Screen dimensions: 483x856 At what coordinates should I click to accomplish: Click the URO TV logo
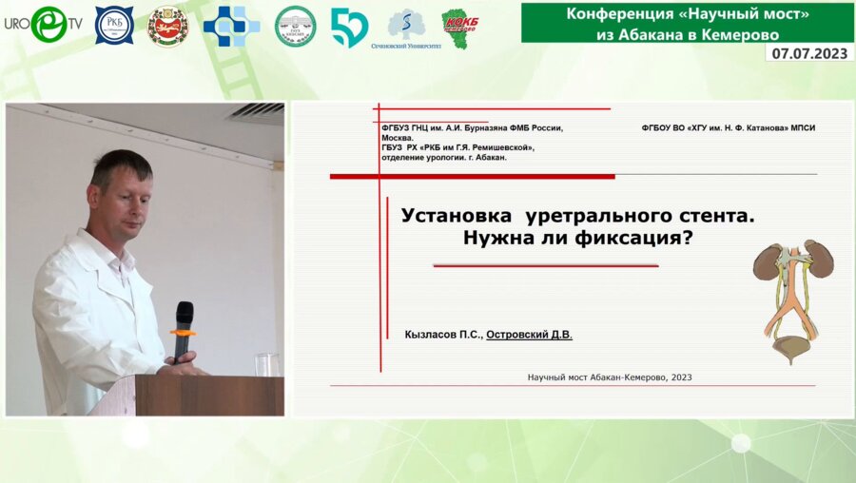[43, 24]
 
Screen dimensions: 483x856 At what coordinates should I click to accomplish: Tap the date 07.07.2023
[808, 53]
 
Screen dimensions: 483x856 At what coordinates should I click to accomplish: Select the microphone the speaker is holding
[183, 328]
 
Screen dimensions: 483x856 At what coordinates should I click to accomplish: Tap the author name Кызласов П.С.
[442, 335]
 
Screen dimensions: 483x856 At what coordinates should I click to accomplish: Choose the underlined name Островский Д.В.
[530, 335]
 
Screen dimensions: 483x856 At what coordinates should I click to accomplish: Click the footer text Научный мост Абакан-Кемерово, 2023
[610, 377]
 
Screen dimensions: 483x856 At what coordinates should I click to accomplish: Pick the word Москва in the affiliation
[397, 138]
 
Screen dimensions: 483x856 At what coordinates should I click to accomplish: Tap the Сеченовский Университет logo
[407, 28]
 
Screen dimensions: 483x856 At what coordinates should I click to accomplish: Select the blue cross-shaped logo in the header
[231, 27]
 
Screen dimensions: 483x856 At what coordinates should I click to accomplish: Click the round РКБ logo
[114, 26]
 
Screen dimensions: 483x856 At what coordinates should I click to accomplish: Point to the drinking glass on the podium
[267, 364]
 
